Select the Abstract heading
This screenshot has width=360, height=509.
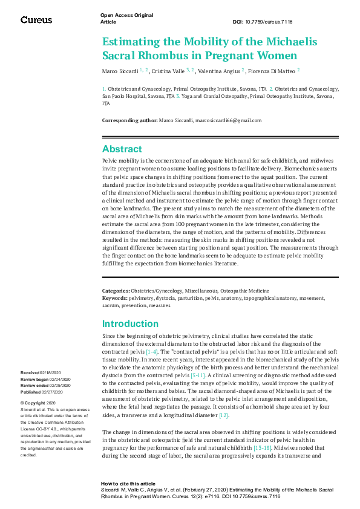click(122, 149)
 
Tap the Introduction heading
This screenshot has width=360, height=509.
click(130, 323)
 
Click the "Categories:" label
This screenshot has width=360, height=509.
click(116, 291)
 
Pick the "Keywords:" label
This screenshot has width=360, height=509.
click(115, 298)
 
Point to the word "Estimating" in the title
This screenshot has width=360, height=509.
click(129, 42)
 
